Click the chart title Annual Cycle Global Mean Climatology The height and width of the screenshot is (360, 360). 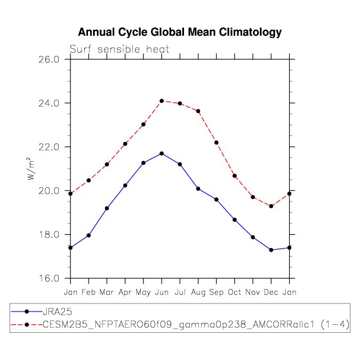tap(180, 33)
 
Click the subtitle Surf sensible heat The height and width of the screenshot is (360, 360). tap(119, 50)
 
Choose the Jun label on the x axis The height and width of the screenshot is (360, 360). tap(162, 292)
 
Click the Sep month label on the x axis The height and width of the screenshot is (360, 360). tap(217, 292)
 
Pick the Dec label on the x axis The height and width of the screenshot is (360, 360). tap(271, 292)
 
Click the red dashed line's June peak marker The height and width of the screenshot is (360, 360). tap(162, 101)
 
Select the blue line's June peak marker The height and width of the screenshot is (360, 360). tap(162, 154)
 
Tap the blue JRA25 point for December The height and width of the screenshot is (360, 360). tap(271, 250)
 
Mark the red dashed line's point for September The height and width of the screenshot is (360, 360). tap(217, 142)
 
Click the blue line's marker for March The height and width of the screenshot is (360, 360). tap(107, 208)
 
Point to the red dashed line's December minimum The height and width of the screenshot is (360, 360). tap(271, 206)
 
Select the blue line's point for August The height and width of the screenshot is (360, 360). tap(198, 189)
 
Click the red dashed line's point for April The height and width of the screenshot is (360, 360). tap(125, 143)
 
